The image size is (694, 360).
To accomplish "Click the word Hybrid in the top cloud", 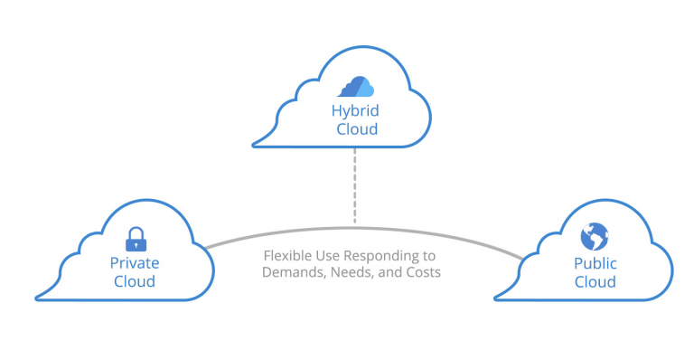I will [354, 111].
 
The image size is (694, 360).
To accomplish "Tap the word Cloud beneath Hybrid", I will [354, 130].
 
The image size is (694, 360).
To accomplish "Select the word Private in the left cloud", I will [135, 263].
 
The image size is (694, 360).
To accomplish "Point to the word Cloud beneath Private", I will [135, 281].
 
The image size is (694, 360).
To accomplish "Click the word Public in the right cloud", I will [595, 263].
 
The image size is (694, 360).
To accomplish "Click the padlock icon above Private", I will [135, 239].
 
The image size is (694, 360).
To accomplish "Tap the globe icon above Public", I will [594, 237].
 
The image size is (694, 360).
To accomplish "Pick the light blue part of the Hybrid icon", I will [365, 88].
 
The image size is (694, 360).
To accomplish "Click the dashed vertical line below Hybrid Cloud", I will [354, 185].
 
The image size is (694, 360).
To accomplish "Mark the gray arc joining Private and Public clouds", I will [271, 233].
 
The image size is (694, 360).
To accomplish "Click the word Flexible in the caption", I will [286, 256].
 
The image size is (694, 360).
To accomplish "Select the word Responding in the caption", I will [381, 256].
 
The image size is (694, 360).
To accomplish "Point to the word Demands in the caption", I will [291, 272].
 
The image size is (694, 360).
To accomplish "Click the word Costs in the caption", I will [422, 272].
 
